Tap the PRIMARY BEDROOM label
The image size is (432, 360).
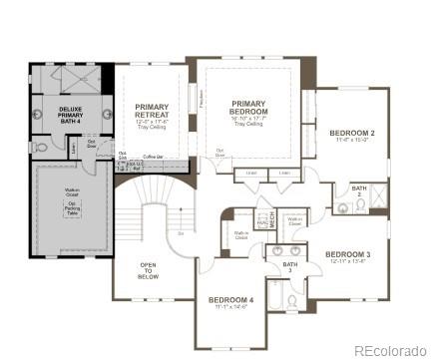coord(247,108)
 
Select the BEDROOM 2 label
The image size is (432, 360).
coord(351,133)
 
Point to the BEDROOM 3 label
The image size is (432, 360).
coord(347,254)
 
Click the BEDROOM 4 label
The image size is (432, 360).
coord(230,300)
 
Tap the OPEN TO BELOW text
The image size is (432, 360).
coord(148,270)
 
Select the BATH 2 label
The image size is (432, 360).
coord(359,190)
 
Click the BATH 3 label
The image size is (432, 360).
coord(288,266)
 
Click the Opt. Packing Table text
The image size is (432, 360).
coord(73,207)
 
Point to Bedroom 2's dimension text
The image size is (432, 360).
coord(351,141)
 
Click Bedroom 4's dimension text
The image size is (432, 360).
coord(230,307)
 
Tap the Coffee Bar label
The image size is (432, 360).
coord(151,157)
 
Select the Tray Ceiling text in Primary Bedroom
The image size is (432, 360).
coord(247,124)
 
